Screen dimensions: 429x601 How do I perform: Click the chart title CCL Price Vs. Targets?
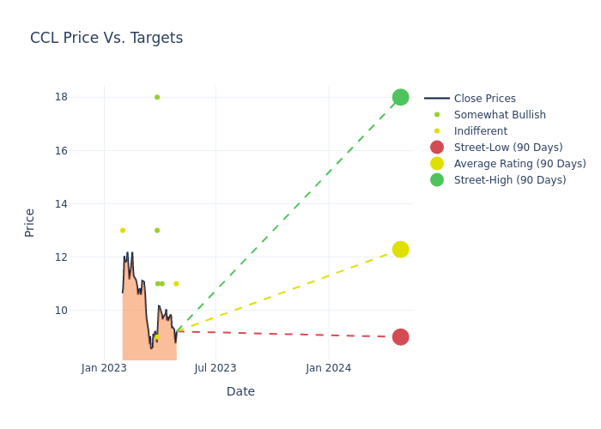106,38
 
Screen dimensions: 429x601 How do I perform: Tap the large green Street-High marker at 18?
400,97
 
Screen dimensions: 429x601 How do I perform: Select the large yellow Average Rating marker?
400,249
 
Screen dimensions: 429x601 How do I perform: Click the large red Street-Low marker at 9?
400,337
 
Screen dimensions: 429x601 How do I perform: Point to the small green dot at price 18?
157,97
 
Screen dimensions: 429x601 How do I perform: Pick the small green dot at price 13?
157,230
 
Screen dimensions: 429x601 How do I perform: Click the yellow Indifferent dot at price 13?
122,230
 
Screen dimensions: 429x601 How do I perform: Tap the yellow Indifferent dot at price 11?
176,283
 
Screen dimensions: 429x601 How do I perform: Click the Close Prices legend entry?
484,99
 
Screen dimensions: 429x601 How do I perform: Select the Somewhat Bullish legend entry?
500,115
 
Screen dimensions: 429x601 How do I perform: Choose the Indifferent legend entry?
480,131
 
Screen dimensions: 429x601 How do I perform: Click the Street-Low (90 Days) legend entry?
507,148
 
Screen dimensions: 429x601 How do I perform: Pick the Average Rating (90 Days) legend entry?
519,164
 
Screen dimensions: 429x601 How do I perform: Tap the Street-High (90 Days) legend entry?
509,180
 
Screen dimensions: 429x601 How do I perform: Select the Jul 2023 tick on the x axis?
216,368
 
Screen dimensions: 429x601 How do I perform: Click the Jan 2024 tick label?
327,368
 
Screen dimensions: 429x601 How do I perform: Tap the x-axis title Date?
240,392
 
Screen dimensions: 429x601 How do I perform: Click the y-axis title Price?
30,222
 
